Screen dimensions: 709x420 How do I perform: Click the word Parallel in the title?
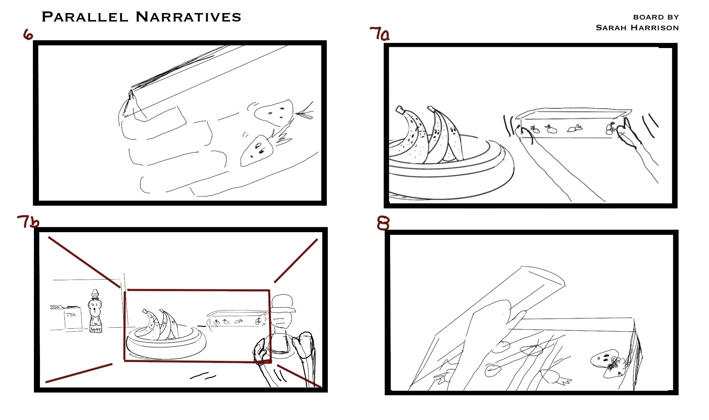click(85, 17)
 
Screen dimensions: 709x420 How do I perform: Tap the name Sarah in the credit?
click(611, 28)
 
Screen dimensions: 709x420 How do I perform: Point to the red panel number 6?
click(28, 34)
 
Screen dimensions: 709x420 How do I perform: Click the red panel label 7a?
click(379, 34)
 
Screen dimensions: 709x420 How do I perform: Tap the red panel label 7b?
click(28, 221)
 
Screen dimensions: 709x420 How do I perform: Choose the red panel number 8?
click(383, 223)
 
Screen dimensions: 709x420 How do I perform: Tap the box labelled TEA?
click(73, 319)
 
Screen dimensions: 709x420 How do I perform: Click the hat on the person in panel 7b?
click(283, 303)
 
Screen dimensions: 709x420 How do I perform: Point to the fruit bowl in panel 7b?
click(166, 343)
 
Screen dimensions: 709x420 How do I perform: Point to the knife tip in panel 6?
click(128, 108)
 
